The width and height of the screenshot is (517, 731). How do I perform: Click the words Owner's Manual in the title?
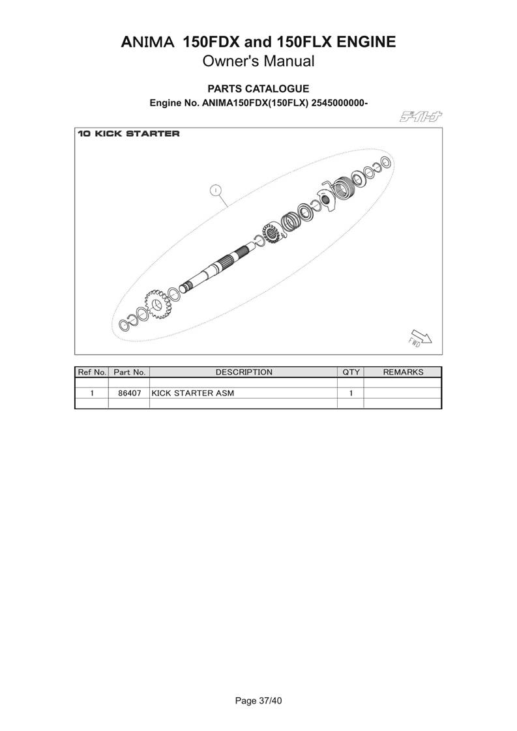coord(258,61)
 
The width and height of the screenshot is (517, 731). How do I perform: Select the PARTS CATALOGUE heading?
coord(258,89)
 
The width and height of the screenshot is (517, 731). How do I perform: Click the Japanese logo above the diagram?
coord(421,117)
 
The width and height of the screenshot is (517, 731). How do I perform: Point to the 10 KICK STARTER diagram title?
coord(129,134)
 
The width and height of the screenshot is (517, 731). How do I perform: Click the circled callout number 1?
coord(215,190)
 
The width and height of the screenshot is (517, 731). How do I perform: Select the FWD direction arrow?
coord(421,338)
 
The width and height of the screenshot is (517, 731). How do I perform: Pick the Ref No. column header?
coord(92,372)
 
